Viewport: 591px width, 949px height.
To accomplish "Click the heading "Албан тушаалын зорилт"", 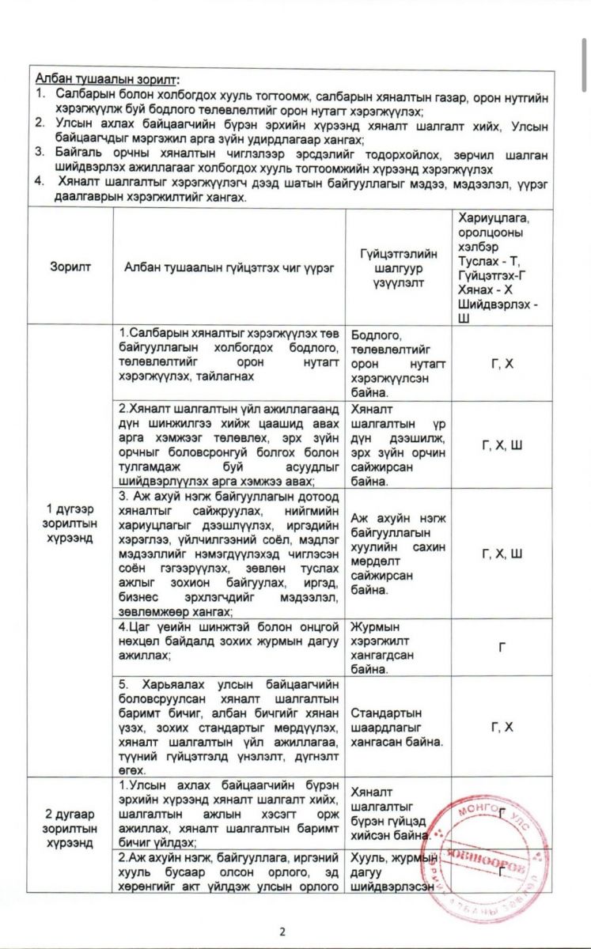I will point(107,80).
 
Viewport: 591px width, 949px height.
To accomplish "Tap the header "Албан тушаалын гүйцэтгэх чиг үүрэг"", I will point(229,267).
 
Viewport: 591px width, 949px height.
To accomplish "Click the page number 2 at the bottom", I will point(282,930).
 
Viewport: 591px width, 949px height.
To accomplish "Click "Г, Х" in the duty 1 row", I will point(502,363).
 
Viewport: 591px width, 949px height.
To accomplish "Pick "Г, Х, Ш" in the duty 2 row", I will point(502,445).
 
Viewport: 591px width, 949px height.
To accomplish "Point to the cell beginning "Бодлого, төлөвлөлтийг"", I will point(399,363).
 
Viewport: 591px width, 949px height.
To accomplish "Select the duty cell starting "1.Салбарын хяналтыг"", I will point(229,355).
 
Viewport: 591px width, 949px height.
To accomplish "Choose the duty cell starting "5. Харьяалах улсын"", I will point(229,727).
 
